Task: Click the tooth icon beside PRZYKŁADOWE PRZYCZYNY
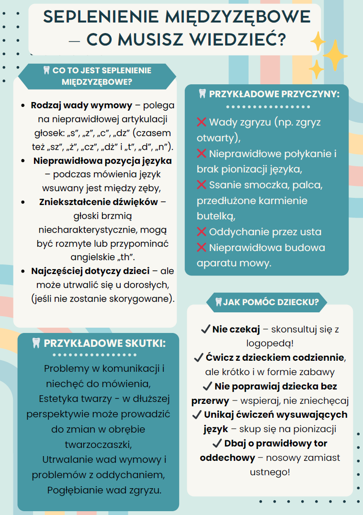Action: [x=202, y=94]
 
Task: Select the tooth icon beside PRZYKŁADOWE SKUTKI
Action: [x=36, y=343]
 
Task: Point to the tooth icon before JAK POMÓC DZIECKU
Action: [x=218, y=302]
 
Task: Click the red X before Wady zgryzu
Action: [x=202, y=122]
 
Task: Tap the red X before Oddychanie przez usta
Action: [x=202, y=232]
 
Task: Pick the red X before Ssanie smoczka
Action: [x=202, y=185]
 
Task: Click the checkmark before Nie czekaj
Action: [x=205, y=329]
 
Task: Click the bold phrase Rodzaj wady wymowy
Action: [x=81, y=105]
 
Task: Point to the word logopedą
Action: [x=270, y=343]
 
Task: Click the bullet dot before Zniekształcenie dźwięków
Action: [x=23, y=202]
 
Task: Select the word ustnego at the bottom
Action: [x=270, y=472]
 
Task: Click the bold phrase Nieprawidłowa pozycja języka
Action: [x=102, y=160]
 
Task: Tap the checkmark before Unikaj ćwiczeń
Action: [x=196, y=414]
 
